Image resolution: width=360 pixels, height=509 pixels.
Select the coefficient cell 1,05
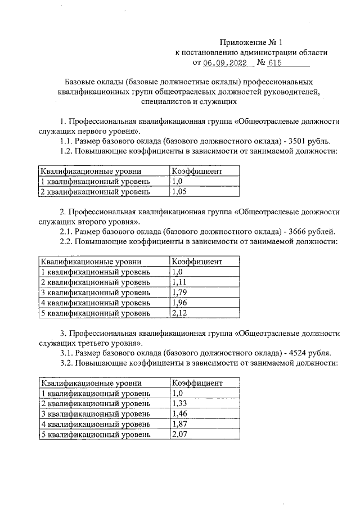click(179, 192)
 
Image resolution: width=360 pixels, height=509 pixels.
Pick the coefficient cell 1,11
click(179, 282)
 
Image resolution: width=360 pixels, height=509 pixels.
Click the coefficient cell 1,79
click(179, 292)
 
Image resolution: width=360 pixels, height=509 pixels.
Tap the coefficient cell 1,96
click(179, 303)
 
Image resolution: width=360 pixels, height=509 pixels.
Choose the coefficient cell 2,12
click(179, 313)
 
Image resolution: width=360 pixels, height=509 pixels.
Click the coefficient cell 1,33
click(179, 404)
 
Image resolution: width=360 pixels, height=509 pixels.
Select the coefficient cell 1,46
click(179, 414)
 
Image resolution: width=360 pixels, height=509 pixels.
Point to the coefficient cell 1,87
click(179, 424)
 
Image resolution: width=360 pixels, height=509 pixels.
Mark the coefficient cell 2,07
click(179, 434)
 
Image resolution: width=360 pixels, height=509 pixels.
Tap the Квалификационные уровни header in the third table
click(91, 383)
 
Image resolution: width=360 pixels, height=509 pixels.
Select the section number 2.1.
click(66, 231)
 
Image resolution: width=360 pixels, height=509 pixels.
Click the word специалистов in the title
click(164, 102)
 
